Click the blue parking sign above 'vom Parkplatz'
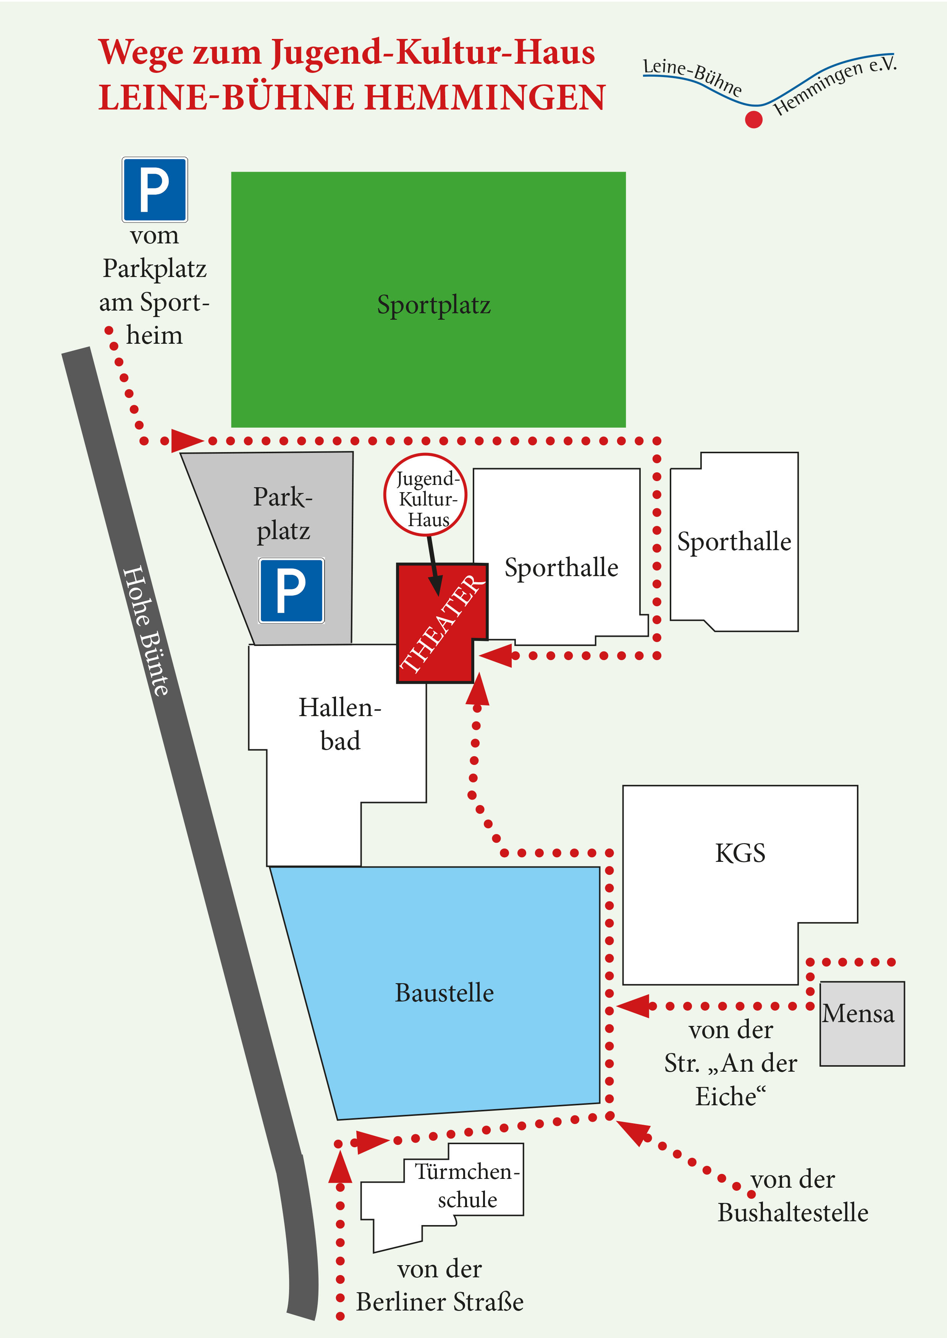(x=155, y=189)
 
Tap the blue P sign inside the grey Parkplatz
(x=291, y=590)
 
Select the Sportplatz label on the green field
(x=433, y=305)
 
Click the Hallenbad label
(x=340, y=724)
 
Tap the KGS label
(x=740, y=853)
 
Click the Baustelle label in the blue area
(x=444, y=992)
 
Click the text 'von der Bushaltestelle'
(x=792, y=1196)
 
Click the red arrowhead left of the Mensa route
(x=633, y=1006)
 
